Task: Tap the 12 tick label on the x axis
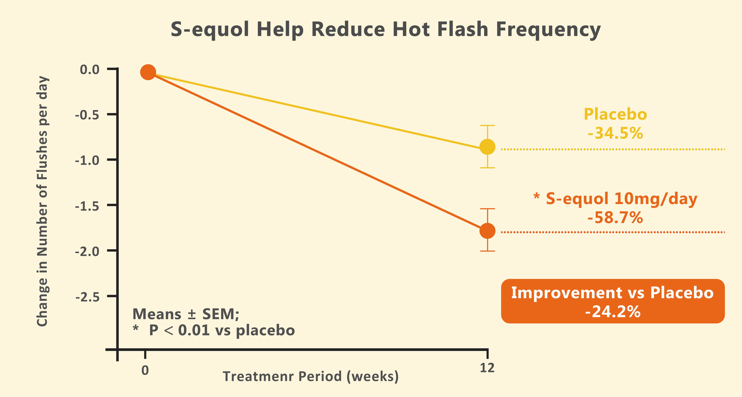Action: pyautogui.click(x=487, y=368)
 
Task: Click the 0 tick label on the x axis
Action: pyautogui.click(x=145, y=370)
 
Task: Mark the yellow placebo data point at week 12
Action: pyautogui.click(x=487, y=147)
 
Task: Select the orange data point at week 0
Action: pyautogui.click(x=148, y=72)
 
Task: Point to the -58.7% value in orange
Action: pyautogui.click(x=615, y=218)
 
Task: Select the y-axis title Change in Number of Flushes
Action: pyautogui.click(x=42, y=202)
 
